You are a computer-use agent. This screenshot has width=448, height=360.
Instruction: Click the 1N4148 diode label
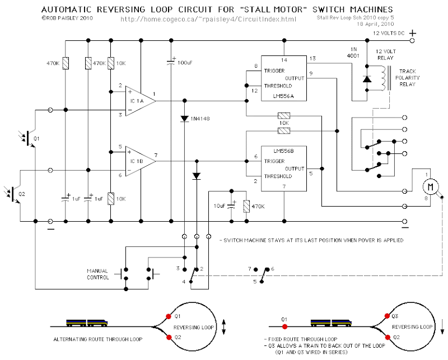pos(205,119)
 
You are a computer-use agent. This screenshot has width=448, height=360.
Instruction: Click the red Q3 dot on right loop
pos(387,315)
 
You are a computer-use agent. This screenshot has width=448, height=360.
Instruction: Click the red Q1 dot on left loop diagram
pos(169,316)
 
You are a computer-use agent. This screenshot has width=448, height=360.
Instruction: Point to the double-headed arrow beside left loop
pos(223,325)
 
